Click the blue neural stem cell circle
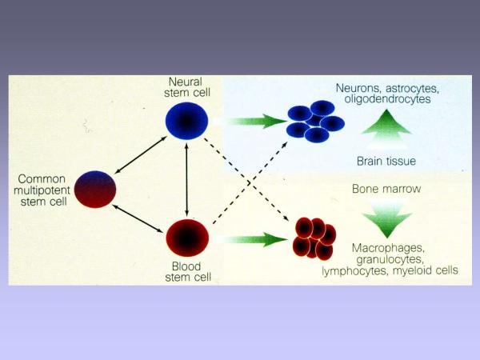tap(186, 120)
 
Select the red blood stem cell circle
tap(187, 238)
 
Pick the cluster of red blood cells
tap(314, 238)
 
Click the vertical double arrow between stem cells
tap(187, 178)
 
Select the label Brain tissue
tap(386, 162)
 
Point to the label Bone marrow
tap(386, 190)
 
